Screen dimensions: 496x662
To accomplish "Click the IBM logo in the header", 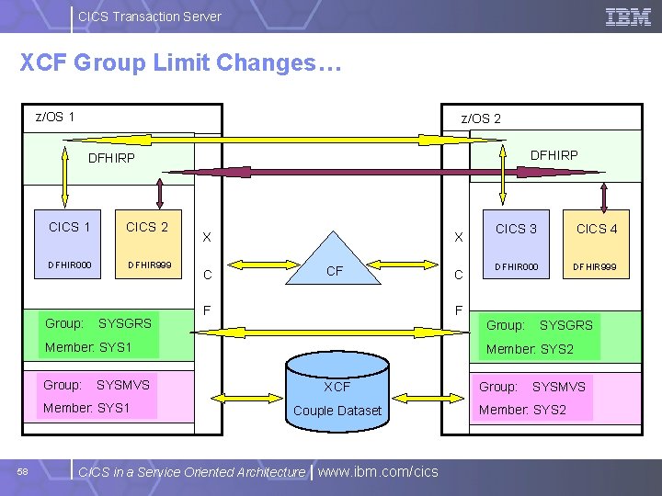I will coord(628,17).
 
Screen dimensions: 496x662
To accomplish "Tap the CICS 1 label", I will coord(70,227).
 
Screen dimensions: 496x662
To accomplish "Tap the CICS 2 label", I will coord(147,227).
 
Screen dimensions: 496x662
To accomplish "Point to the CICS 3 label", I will coord(516,229).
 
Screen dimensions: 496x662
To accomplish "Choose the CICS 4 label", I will coord(597,229).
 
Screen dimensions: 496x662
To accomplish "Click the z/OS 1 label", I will coord(55,117).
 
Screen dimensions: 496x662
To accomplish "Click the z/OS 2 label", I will coord(481,118).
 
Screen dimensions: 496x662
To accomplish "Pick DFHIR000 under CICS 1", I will coord(70,265).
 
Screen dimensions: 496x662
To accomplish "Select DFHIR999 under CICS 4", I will coord(595,267).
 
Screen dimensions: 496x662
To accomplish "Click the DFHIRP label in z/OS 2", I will coord(554,155).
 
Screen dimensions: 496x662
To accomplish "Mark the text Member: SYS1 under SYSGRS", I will coord(89,347).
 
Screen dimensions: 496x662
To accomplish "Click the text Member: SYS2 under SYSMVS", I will coord(523,410).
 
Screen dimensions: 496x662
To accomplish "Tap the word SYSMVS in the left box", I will coord(123,385).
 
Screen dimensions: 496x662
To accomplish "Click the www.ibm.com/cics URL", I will coord(378,471).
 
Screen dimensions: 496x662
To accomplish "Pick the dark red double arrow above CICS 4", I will coord(604,195).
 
